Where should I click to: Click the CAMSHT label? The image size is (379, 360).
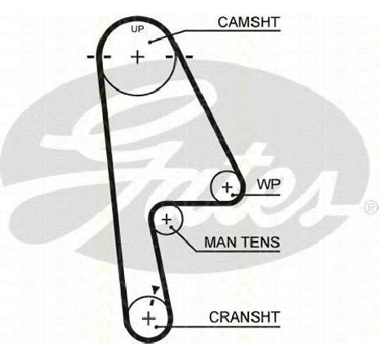coord(248,22)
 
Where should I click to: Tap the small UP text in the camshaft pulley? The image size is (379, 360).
coord(137,29)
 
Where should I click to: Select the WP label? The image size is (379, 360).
coord(269,184)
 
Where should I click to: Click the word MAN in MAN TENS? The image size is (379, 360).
coord(220,242)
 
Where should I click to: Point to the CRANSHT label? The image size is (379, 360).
coord(244,317)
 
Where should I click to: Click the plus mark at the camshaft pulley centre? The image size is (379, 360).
coord(138,57)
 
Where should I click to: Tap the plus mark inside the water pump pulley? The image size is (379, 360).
coord(227,187)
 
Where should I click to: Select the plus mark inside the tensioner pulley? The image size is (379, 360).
coord(167,220)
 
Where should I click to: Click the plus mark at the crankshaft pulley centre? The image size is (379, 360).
coord(149,318)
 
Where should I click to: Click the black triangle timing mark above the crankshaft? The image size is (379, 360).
coord(156,290)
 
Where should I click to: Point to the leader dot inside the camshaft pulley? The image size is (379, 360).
coord(149,42)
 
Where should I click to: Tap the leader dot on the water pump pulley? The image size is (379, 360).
coord(233,195)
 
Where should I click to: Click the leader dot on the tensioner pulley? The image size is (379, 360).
coord(171,226)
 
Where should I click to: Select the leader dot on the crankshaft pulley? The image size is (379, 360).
coord(156,327)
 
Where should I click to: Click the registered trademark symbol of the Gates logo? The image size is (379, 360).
coord(372,207)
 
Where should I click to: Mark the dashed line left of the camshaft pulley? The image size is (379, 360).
coord(99,57)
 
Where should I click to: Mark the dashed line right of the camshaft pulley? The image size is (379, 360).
coord(180,57)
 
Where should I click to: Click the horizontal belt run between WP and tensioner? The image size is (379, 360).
coord(194,203)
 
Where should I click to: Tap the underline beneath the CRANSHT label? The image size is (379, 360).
coord(218,327)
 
